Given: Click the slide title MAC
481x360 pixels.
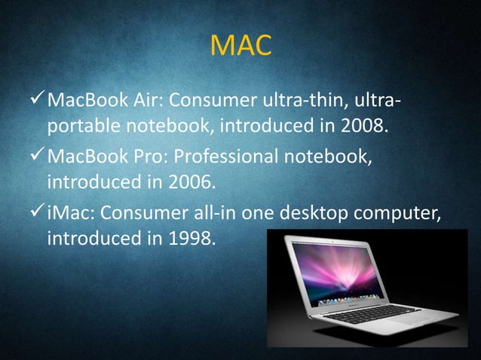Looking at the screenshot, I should tap(240, 47).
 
